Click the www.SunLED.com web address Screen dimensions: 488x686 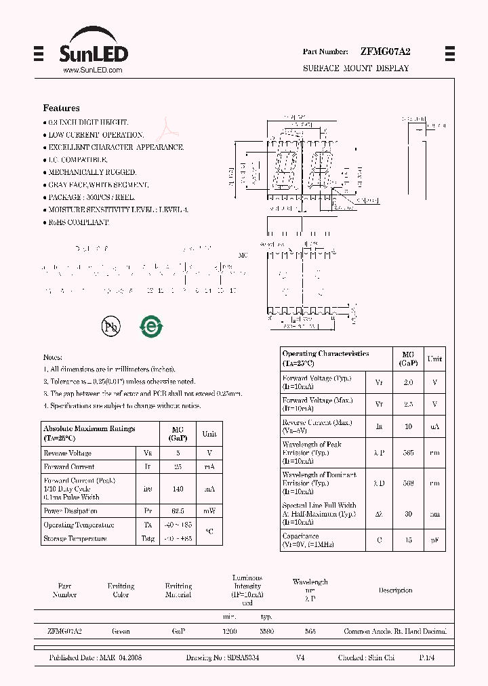click(92, 70)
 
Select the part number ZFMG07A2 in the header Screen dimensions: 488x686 click(386, 52)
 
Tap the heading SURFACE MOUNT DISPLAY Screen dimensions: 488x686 click(356, 68)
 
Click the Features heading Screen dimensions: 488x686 click(61, 108)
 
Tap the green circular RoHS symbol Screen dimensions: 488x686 click(151, 327)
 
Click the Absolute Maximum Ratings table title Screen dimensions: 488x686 click(89, 432)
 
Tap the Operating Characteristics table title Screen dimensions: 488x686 click(326, 359)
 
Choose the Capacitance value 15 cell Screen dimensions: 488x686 click(408, 540)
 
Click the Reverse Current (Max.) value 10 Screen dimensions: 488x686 click(408, 426)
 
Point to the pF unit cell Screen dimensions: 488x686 click(434, 540)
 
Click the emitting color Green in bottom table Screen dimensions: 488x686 click(121, 631)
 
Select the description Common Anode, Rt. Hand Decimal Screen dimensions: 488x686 click(395, 631)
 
